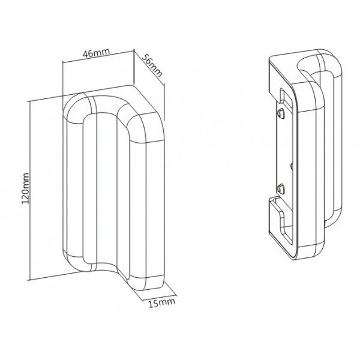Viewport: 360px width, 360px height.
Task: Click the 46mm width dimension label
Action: tap(96, 53)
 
